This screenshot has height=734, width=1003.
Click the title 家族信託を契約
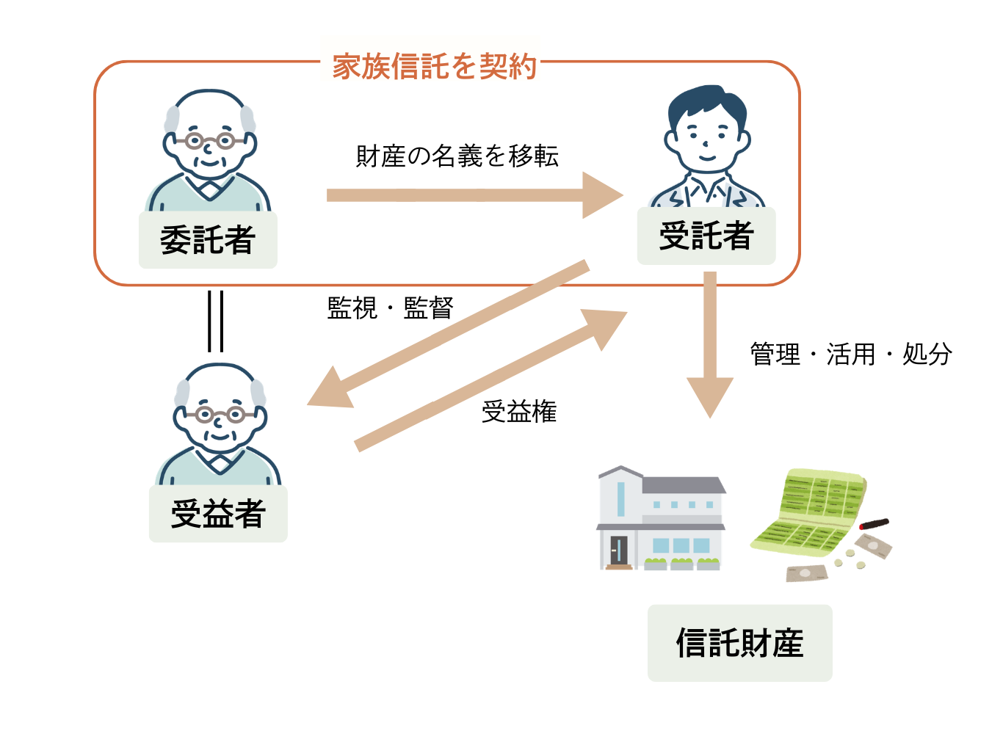[434, 67]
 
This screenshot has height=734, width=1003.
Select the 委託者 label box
[208, 240]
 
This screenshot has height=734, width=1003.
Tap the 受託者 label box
[706, 236]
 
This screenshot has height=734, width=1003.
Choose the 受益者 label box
[218, 514]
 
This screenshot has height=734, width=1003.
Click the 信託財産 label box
[739, 643]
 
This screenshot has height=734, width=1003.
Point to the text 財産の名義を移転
[457, 156]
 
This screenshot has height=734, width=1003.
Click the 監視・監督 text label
[390, 308]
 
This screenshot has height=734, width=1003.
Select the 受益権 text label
[519, 412]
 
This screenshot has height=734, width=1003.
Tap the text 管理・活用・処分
[851, 355]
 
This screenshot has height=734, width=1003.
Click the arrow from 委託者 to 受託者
[470, 195]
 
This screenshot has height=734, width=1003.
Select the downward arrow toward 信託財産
[710, 345]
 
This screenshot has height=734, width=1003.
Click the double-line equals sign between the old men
[215, 321]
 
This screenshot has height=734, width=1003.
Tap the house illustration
[661, 517]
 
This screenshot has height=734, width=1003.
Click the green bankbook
[808, 510]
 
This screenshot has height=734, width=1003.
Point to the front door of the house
[619, 550]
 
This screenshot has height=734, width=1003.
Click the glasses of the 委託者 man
[209, 140]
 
